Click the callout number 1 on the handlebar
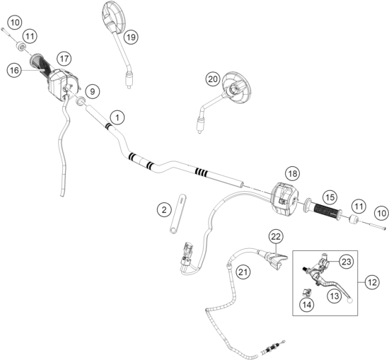pyautogui.click(x=117, y=117)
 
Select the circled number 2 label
pyautogui.click(x=164, y=210)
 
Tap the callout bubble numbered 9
pyautogui.click(x=92, y=91)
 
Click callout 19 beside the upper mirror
pyautogui.click(x=131, y=37)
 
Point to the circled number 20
pyautogui.click(x=213, y=79)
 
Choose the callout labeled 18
pyautogui.click(x=293, y=173)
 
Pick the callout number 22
pyautogui.click(x=276, y=237)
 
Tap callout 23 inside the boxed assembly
pyautogui.click(x=347, y=262)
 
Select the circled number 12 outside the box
pyautogui.click(x=372, y=282)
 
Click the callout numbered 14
pyautogui.click(x=307, y=304)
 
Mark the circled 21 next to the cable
pyautogui.click(x=243, y=272)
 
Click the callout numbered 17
pyautogui.click(x=64, y=59)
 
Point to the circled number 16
pyautogui.click(x=14, y=70)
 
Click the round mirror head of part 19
pyautogui.click(x=115, y=17)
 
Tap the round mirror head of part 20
pyautogui.click(x=236, y=88)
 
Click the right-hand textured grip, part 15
pyautogui.click(x=326, y=210)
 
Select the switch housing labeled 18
pyautogui.click(x=285, y=199)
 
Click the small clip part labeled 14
pyautogui.click(x=307, y=292)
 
